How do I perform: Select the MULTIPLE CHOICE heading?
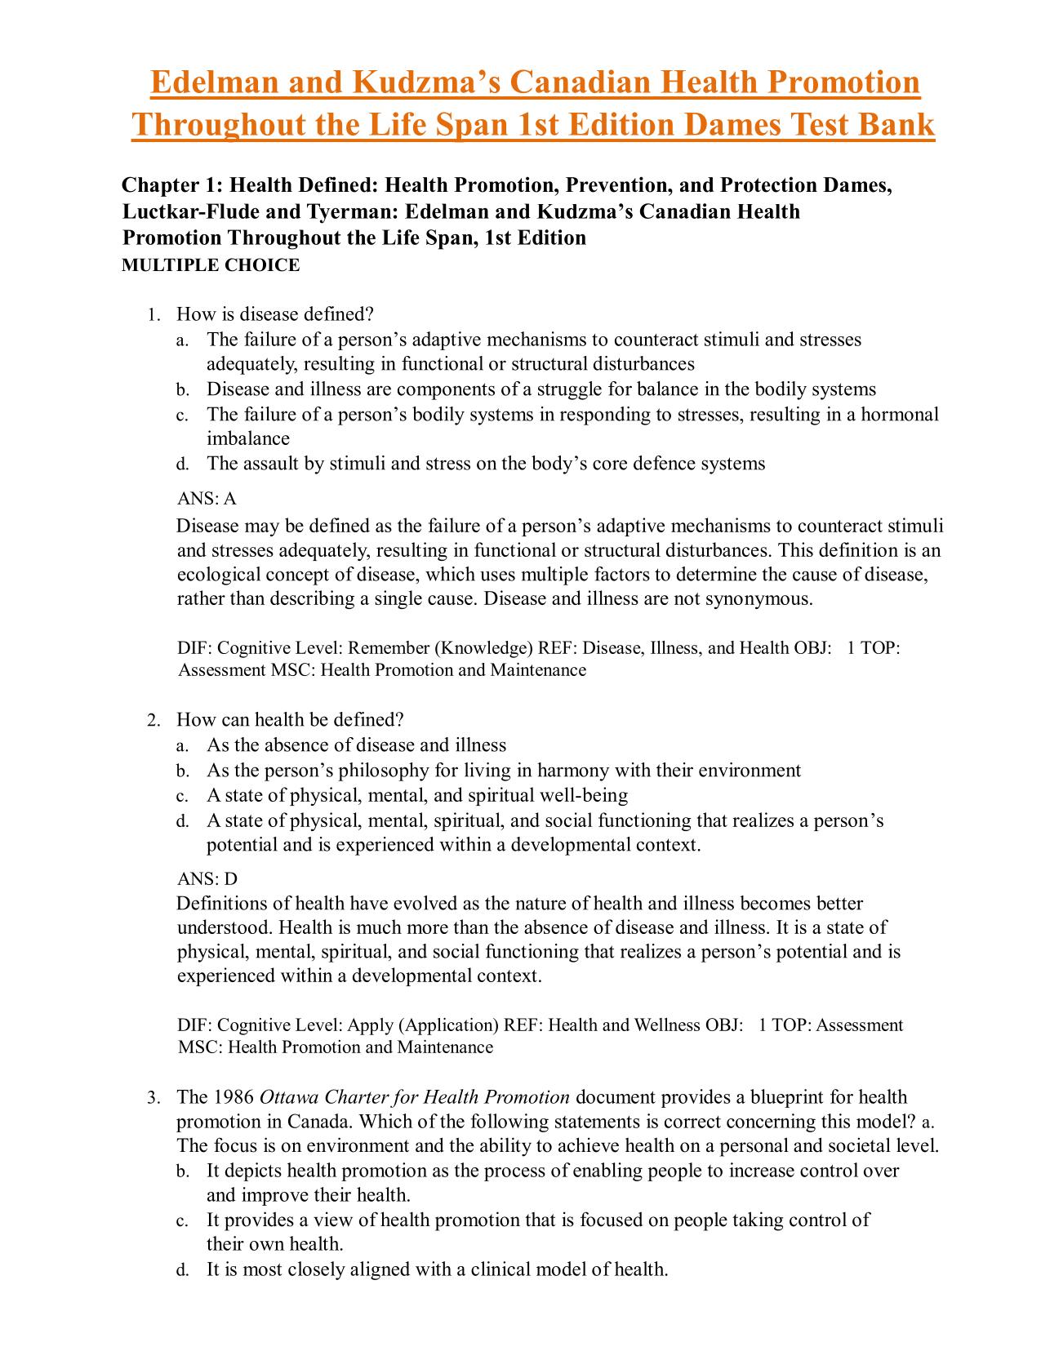(211, 265)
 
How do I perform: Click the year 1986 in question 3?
(234, 1097)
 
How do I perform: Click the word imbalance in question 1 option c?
(248, 438)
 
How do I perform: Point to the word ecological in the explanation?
(215, 575)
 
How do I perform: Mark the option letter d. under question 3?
(183, 1270)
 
